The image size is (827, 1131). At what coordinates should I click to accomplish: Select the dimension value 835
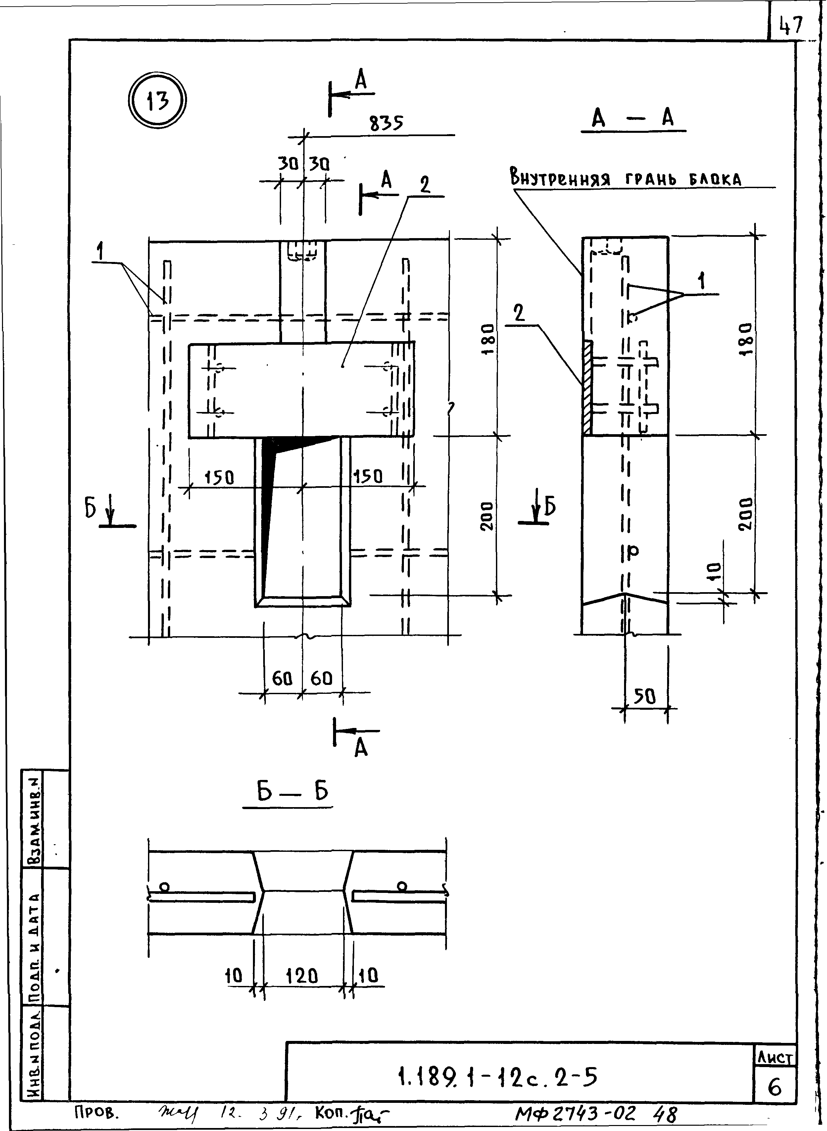[386, 123]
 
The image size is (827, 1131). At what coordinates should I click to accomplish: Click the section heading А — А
[633, 119]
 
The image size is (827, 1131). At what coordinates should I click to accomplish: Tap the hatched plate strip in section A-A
[587, 388]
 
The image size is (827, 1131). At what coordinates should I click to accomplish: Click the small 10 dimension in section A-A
[715, 571]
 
